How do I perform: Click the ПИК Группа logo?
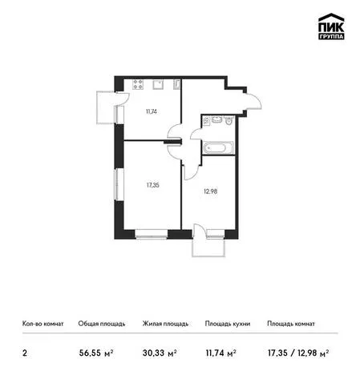[x=331, y=26]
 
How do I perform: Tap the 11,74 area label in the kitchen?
[x=152, y=111]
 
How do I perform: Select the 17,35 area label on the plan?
[x=153, y=185]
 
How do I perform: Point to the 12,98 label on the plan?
[x=211, y=191]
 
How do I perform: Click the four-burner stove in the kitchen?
[x=139, y=84]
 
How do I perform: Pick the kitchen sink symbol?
[x=159, y=84]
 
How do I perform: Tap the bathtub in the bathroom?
[x=218, y=147]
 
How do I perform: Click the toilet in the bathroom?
[x=229, y=121]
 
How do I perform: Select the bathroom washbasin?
[x=216, y=119]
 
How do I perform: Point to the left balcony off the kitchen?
[x=106, y=107]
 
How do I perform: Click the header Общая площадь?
[x=102, y=324]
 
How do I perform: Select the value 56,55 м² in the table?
[x=96, y=353]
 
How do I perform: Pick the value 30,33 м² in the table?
[x=160, y=353]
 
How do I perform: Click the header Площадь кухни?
[x=228, y=324]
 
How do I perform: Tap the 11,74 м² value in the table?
[x=221, y=353]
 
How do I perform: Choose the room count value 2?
[x=25, y=353]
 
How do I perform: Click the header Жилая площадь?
[x=165, y=324]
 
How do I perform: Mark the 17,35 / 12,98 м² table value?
[x=298, y=353]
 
